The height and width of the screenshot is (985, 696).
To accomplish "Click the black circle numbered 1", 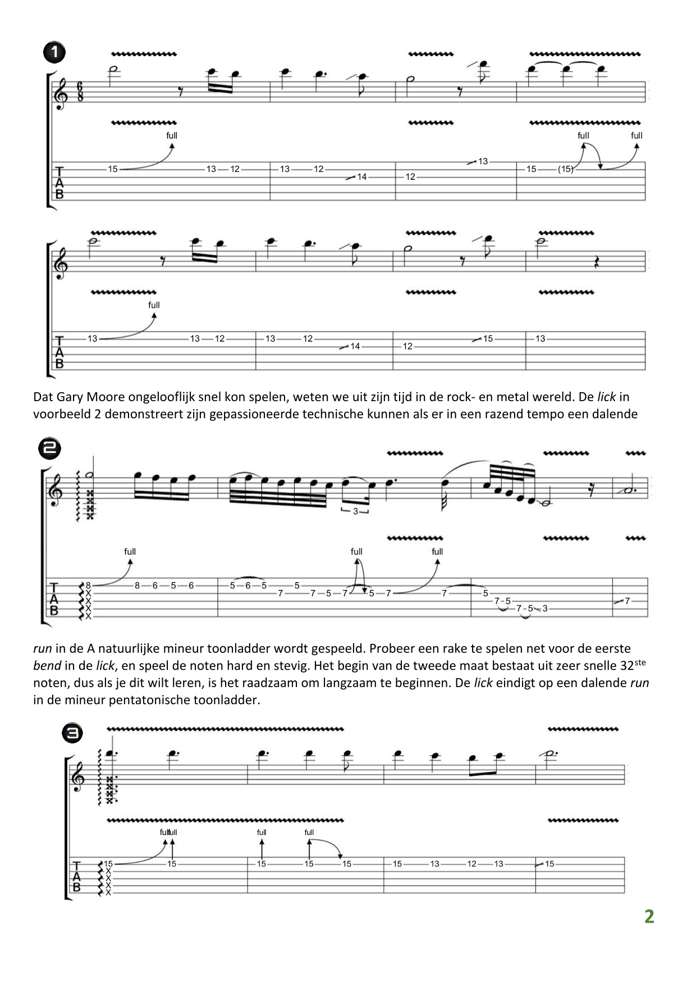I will pos(54,52).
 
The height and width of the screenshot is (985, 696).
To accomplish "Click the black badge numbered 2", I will pos(49,448).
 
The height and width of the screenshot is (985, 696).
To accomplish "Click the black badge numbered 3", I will pos(72,733).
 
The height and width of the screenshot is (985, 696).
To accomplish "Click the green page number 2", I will pos(649,916).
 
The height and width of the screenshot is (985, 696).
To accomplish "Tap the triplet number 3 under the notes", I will pos(355,511).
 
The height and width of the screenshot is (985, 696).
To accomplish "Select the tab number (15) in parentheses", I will pos(565,169).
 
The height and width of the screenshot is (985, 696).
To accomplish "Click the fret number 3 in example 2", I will pos(545,609).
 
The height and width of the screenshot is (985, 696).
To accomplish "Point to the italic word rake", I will pos(456,648).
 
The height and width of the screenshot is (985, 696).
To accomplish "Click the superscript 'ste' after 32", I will pos(640,662).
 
